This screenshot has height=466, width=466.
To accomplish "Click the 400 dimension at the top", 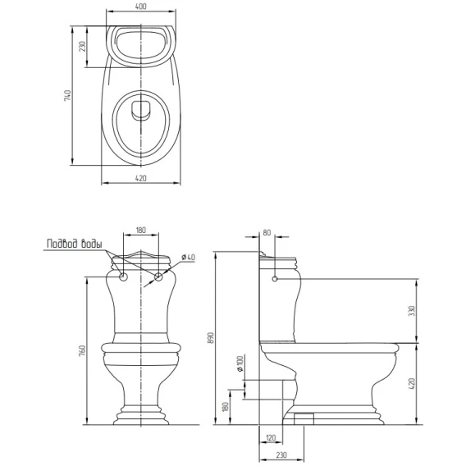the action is (141, 7).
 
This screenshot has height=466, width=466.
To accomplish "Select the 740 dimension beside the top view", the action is (67, 95).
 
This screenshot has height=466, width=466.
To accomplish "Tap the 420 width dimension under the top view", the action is (141, 178).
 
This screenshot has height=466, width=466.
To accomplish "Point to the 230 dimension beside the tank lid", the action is (82, 47).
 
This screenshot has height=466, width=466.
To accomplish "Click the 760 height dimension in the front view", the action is (82, 350).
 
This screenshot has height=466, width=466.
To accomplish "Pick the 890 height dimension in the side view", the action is (211, 338).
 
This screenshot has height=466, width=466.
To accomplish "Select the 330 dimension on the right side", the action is (412, 311).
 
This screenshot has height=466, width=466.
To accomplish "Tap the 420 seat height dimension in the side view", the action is (412, 384).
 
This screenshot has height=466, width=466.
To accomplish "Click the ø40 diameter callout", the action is (188, 257).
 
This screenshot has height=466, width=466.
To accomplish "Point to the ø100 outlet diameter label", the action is (240, 363).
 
